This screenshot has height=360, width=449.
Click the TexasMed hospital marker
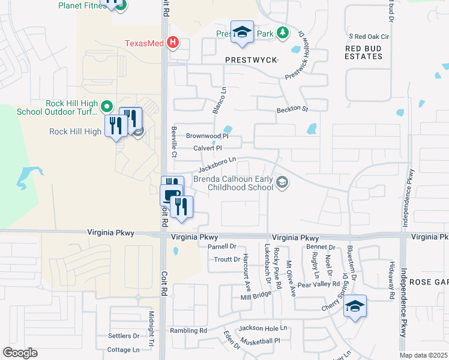(173, 43)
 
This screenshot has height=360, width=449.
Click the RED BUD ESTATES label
(364, 52)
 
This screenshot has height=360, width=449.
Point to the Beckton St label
(292, 110)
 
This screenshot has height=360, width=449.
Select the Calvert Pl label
(208, 148)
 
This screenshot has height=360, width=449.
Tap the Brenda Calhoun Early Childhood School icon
(282, 182)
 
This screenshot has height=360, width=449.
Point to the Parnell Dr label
(223, 247)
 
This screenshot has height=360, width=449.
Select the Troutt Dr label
(227, 259)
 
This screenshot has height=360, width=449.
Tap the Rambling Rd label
(188, 331)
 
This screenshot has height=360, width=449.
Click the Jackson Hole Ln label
(264, 329)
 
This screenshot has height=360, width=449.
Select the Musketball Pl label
(261, 341)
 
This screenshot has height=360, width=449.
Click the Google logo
(20, 353)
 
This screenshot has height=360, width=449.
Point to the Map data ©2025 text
(423, 355)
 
